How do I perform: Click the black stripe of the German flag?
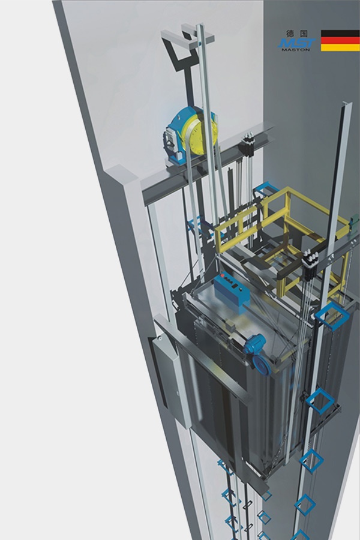(x=340, y=34)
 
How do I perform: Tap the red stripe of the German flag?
(x=340, y=41)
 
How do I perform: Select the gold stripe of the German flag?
(x=340, y=48)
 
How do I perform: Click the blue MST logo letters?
(x=296, y=43)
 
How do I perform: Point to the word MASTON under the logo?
(x=296, y=50)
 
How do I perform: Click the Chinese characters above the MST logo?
(x=296, y=34)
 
